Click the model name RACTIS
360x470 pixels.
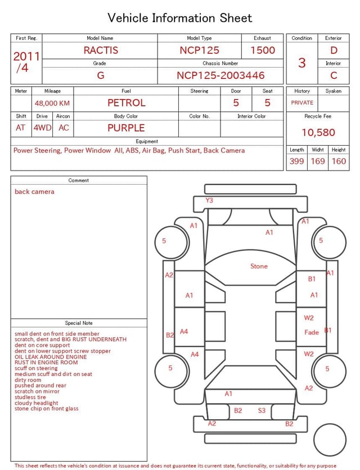[101, 50]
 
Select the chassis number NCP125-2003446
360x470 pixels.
[220, 75]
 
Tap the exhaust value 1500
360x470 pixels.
[263, 50]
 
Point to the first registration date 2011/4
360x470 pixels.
[26, 62]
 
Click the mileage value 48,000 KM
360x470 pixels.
[52, 103]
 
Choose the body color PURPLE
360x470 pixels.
[126, 128]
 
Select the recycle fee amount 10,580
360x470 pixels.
[318, 132]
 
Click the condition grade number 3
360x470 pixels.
[302, 62]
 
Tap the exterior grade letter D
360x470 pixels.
[334, 50]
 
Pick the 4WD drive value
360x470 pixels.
[42, 128]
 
